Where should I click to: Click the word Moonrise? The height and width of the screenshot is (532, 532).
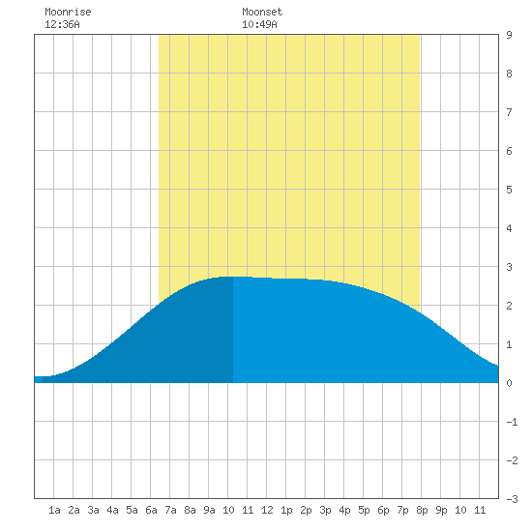[x=68, y=12]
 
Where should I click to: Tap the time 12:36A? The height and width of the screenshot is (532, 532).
[x=63, y=24]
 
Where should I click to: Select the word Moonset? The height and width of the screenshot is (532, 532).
[x=262, y=12]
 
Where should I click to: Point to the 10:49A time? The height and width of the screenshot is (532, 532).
[x=259, y=24]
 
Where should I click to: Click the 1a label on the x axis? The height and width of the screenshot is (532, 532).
[x=54, y=510]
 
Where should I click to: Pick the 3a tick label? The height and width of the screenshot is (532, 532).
[x=93, y=510]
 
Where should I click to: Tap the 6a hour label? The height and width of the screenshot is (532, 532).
[x=151, y=510]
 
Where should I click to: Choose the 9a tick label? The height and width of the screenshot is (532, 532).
[x=209, y=510]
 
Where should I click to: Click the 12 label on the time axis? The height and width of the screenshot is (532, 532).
[x=267, y=510]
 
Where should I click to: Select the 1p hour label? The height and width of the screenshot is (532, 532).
[x=286, y=510]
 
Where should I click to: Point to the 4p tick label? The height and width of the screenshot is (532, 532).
[x=344, y=510]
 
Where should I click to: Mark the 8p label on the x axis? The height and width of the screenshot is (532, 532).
[x=422, y=510]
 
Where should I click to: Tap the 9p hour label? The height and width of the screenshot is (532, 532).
[x=441, y=510]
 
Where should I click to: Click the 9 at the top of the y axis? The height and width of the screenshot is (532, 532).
[x=509, y=35]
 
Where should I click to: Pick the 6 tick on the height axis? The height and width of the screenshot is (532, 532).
[x=509, y=151]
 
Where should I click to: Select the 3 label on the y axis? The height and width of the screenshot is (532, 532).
[x=509, y=267]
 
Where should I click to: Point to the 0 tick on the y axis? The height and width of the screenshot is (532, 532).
[x=509, y=383]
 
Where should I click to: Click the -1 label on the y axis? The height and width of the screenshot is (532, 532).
[x=512, y=422]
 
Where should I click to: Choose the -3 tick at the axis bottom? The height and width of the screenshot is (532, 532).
[x=512, y=499]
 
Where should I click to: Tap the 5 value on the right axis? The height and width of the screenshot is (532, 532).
[x=509, y=190]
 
